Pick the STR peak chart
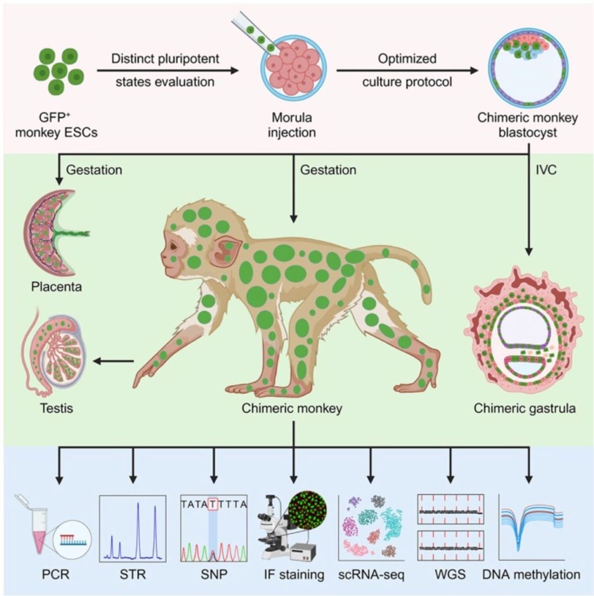133,527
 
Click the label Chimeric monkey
292,408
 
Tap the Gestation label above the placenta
94,170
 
